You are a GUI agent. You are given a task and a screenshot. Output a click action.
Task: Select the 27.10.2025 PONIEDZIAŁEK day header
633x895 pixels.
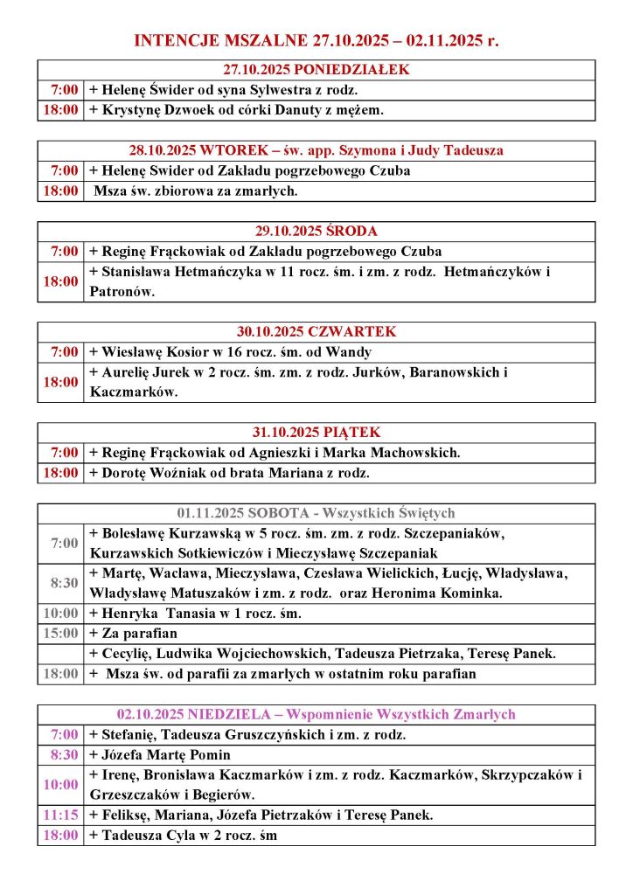click(x=316, y=69)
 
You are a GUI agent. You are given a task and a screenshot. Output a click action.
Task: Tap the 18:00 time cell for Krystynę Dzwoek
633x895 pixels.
click(x=60, y=110)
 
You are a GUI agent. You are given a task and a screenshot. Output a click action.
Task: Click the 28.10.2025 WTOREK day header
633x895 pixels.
click(x=316, y=150)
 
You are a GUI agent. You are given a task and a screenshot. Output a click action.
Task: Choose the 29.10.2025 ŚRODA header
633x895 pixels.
click(x=316, y=231)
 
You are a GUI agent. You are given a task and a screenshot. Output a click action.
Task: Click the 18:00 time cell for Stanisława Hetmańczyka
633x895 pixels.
click(x=60, y=281)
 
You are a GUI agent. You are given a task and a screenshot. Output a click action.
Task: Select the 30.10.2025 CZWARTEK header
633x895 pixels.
click(x=316, y=331)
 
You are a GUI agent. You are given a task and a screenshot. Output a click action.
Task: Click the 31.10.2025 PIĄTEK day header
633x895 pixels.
click(x=316, y=433)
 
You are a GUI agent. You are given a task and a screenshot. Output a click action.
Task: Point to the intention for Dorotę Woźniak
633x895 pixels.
click(x=229, y=473)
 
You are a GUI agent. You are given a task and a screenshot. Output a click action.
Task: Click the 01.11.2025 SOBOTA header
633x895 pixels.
click(x=316, y=513)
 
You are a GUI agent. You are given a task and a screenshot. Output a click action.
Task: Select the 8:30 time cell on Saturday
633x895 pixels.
click(x=60, y=583)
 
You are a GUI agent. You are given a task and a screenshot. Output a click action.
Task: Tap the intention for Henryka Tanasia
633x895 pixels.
click(x=195, y=614)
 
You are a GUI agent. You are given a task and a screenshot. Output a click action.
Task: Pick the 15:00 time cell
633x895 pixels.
click(x=60, y=634)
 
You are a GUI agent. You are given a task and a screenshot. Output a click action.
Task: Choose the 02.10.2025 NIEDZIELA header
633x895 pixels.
click(x=316, y=714)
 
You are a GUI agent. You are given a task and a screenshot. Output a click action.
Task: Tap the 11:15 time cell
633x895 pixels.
click(x=60, y=815)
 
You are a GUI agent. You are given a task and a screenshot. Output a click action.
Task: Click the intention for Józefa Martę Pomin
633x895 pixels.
click(x=160, y=754)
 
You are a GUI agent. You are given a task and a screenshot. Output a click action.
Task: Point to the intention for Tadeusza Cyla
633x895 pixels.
click(x=184, y=835)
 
